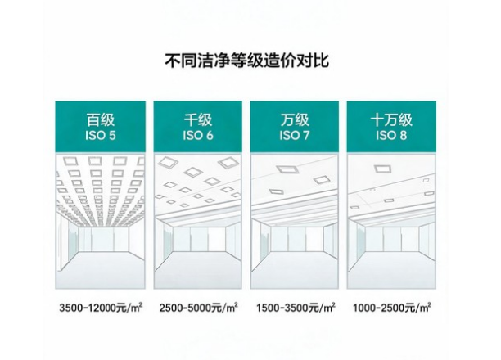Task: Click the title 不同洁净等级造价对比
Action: coord(246,61)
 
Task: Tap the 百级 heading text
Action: coord(101,120)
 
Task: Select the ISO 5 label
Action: coord(101,136)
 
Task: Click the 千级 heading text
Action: coord(198,120)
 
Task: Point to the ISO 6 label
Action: coord(198,136)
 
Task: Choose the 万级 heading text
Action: coord(295,120)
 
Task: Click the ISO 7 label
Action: coord(295,136)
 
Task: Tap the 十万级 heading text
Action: coord(391,120)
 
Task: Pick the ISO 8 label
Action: coord(391,136)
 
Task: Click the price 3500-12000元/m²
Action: coord(101,308)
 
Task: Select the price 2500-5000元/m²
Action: coord(198,308)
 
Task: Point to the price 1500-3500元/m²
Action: coord(296,308)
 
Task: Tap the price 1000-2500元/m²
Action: coord(392,308)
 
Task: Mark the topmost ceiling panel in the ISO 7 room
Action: coord(287,169)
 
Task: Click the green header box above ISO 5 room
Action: coord(101,127)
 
